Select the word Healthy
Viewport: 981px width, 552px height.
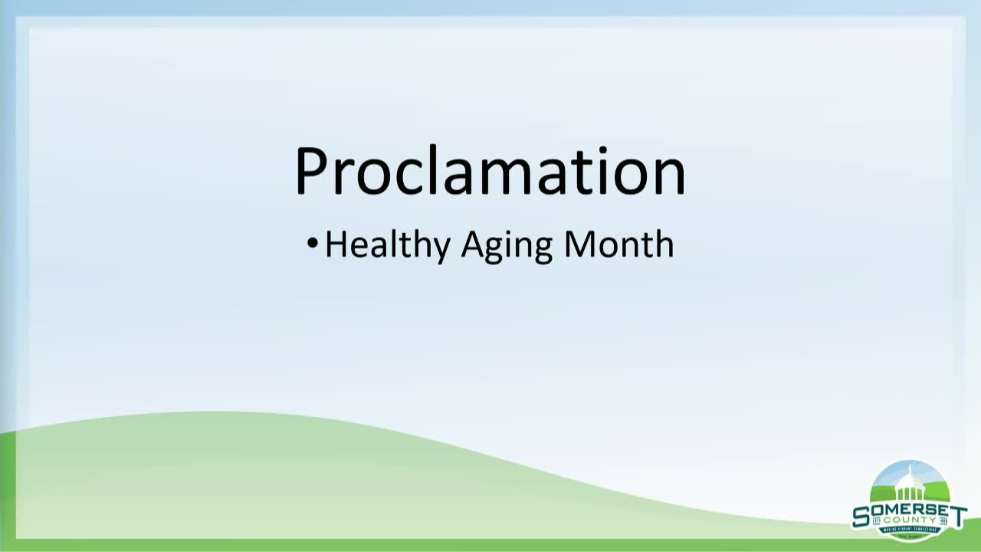click(x=387, y=245)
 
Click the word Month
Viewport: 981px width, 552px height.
click(x=618, y=245)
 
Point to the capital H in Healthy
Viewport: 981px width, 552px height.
click(x=336, y=245)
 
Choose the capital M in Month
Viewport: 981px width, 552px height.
click(x=579, y=245)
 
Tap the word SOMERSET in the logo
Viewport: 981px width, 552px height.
click(x=909, y=511)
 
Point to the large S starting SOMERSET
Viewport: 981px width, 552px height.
click(x=861, y=516)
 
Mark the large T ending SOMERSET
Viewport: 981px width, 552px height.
click(x=957, y=515)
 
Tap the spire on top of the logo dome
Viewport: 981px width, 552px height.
click(x=910, y=468)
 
